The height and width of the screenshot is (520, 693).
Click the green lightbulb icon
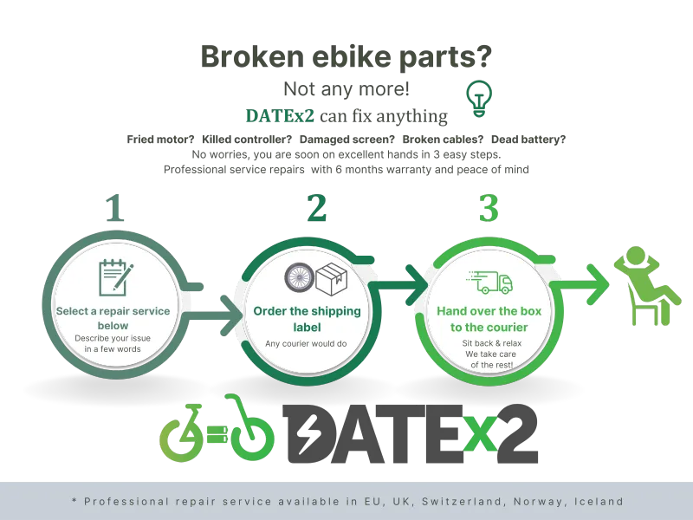click(x=479, y=98)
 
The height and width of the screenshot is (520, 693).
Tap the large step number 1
click(x=115, y=207)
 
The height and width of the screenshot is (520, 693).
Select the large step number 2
click(x=317, y=207)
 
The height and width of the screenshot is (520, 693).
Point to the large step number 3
click(x=489, y=208)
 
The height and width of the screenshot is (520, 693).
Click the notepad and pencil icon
click(x=116, y=277)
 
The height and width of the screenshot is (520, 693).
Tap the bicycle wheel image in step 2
click(x=299, y=277)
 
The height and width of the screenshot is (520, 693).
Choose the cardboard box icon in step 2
click(x=332, y=279)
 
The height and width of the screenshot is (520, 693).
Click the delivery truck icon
click(x=489, y=283)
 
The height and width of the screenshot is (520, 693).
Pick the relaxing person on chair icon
click(x=646, y=286)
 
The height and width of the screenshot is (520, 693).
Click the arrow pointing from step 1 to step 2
click(x=212, y=315)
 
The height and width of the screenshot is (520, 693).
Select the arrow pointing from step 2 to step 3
click(x=397, y=285)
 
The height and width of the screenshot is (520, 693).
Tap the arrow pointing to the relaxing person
click(x=580, y=284)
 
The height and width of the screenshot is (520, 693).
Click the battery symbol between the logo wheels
click(x=217, y=434)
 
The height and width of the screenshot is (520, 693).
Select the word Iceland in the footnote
click(x=599, y=502)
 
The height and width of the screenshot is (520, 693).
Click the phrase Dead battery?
click(x=528, y=140)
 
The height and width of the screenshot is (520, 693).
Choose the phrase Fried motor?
click(x=160, y=140)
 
